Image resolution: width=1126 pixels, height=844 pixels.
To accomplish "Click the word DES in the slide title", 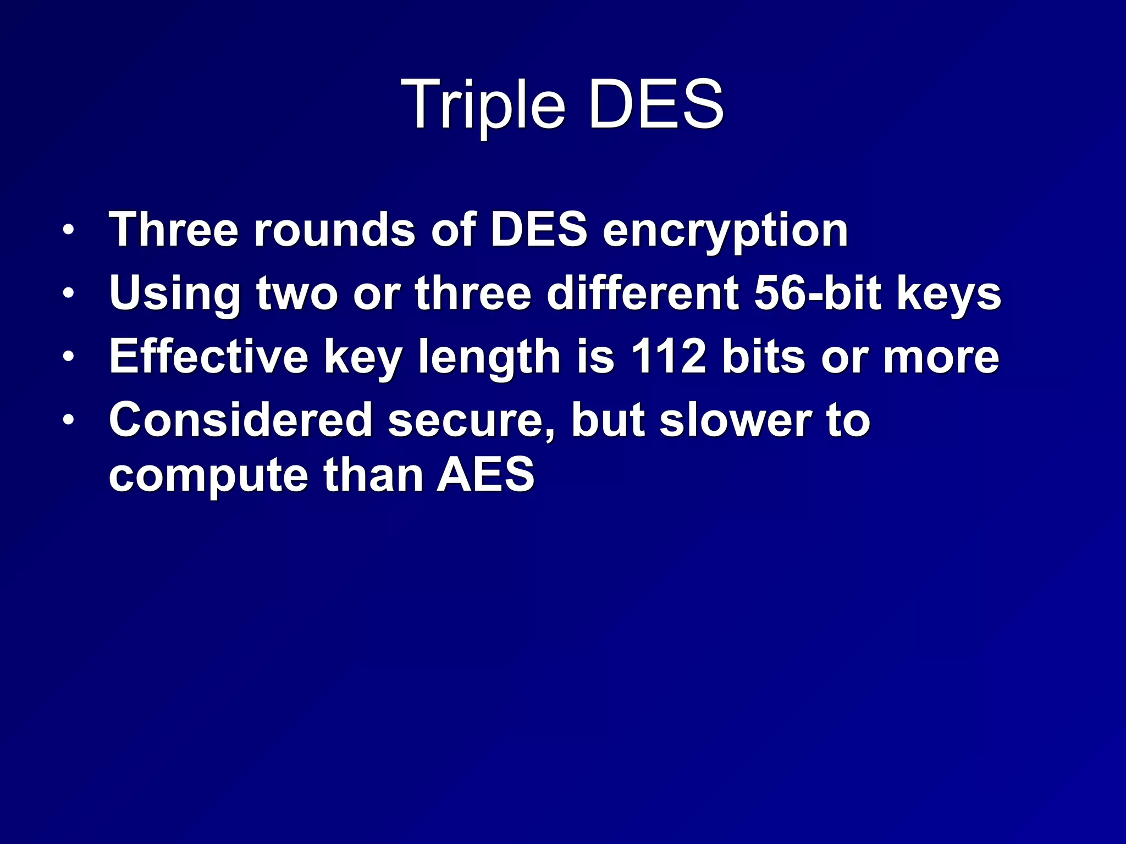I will (655, 104).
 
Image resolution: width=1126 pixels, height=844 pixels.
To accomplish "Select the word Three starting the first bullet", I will (174, 230).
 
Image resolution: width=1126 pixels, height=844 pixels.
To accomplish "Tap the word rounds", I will (334, 230).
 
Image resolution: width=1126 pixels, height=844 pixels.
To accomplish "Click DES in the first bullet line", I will (539, 230).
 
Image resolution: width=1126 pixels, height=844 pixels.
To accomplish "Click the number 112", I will (668, 357).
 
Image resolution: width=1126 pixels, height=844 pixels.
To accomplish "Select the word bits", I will (764, 357).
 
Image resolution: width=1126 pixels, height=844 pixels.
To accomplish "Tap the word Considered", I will (241, 420).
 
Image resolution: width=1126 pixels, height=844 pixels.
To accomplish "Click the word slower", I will (735, 420).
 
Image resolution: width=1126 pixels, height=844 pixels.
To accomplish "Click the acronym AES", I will (485, 475).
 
